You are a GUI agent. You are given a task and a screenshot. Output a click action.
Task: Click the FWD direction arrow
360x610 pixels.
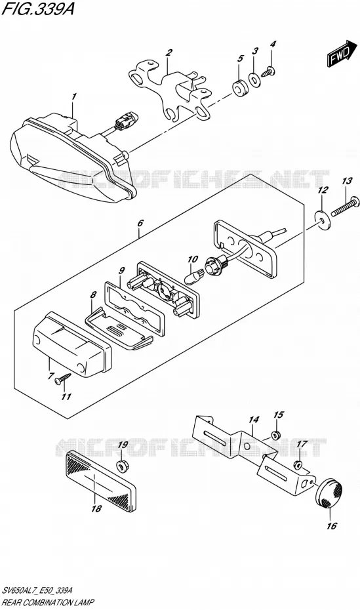coord(342,54)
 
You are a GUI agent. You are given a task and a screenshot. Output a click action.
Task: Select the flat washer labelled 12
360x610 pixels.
coord(322,219)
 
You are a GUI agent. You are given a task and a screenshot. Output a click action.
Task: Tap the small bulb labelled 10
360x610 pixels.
coord(193,277)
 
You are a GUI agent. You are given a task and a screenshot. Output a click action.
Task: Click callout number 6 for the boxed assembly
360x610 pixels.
coord(140,223)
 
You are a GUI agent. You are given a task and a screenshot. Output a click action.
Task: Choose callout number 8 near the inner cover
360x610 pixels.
coord(93,295)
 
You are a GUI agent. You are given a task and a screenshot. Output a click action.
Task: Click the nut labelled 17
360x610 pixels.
coord(298,464)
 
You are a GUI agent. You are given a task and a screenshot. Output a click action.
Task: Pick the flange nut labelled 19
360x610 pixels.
coord(123,464)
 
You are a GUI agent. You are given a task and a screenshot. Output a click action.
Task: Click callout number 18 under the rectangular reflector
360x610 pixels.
coord(96,508)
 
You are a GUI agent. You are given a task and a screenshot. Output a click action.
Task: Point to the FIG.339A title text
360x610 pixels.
coord(38,8)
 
